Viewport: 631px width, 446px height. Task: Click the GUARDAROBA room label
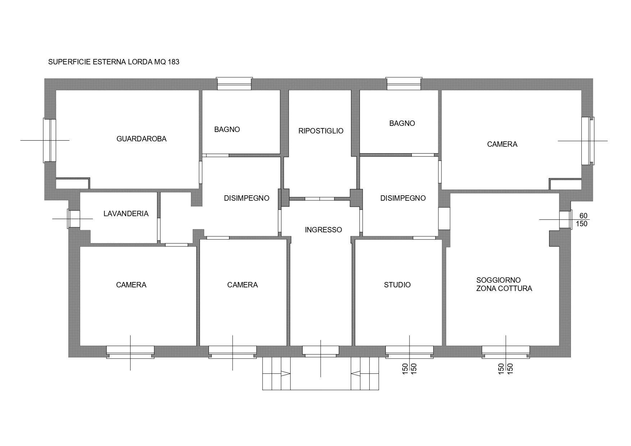point(141,139)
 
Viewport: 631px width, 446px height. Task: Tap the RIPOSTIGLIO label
point(321,131)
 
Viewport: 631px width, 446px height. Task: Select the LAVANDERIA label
point(126,214)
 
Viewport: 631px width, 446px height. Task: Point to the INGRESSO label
point(323,230)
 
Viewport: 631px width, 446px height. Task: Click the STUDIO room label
point(397,285)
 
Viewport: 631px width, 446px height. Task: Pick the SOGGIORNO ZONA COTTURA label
point(504,284)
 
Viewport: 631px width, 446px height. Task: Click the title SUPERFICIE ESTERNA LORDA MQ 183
point(114,62)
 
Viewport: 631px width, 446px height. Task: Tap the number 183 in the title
point(173,62)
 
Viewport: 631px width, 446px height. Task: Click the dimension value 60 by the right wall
point(583,216)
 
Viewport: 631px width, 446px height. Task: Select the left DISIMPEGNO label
point(246,198)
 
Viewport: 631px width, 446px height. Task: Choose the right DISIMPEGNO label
point(403,198)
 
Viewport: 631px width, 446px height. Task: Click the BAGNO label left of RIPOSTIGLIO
point(227,129)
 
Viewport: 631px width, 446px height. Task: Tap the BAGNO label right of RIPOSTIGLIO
point(402,123)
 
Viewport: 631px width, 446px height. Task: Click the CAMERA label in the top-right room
point(502,144)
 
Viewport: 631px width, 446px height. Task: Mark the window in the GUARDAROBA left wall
point(50,140)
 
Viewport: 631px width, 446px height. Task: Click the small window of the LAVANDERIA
point(74,219)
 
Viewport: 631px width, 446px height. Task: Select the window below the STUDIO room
point(409,351)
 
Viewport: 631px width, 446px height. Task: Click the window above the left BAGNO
point(234,84)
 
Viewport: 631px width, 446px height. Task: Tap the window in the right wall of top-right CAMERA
point(587,141)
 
